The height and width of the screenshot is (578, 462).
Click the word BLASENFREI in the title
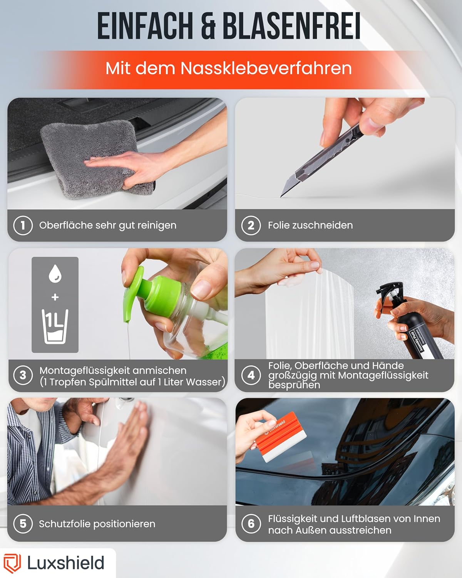[x=291, y=26]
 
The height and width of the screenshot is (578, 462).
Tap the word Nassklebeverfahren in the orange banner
[x=266, y=69]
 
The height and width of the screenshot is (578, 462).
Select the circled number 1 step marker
[x=23, y=225]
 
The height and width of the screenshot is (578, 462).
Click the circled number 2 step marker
[x=251, y=225]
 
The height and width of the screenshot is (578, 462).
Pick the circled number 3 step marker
[x=23, y=375]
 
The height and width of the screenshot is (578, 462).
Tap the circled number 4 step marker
[x=251, y=375]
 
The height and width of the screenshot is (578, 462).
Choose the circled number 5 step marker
[x=23, y=523]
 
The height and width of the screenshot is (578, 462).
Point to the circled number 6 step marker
[x=251, y=523]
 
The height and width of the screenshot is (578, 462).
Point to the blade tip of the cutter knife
[x=281, y=197]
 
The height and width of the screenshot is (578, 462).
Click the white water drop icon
[x=55, y=274]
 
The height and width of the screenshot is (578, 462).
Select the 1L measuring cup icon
[x=55, y=326]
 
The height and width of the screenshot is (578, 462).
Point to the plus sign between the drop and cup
[x=55, y=297]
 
